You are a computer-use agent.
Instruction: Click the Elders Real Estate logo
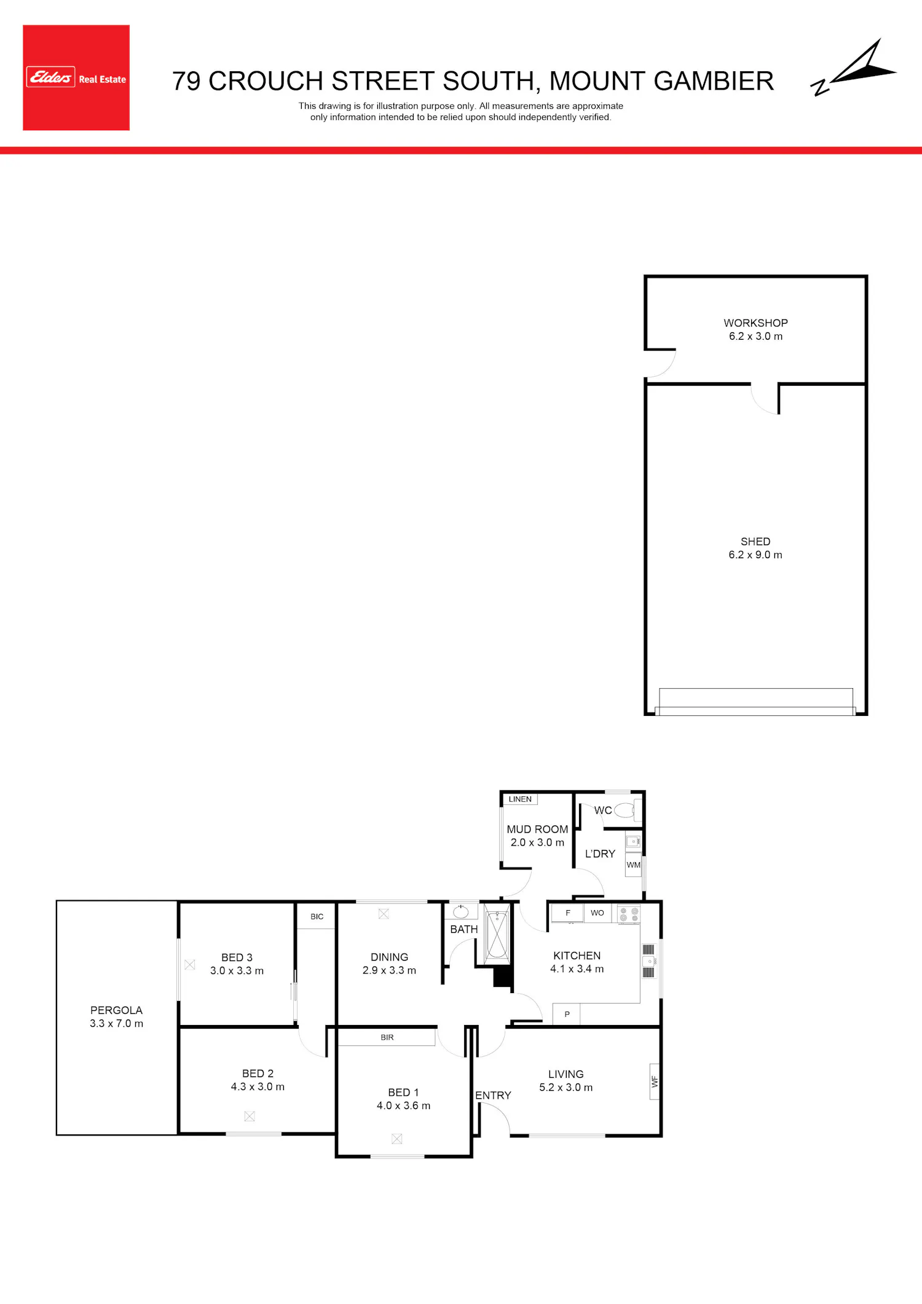pos(76,77)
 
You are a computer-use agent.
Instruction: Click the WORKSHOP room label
pos(755,323)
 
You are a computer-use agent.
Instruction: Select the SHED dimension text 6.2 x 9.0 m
pos(755,555)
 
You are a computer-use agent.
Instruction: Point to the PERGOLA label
pos(116,1010)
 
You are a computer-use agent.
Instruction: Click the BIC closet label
pos(317,916)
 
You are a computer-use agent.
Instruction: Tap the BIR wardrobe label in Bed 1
pos(387,1037)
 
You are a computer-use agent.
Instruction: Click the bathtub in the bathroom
pos(497,935)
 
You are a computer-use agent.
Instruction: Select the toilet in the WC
pos(625,810)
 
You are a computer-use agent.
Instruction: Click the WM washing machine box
pos(633,865)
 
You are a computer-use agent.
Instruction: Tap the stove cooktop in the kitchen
pos(629,914)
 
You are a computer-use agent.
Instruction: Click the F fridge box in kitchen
pos(567,913)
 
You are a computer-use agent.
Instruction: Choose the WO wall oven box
pos(597,913)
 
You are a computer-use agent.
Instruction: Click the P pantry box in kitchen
pos(567,1014)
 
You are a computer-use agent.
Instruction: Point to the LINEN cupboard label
pos(520,799)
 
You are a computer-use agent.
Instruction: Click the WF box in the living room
pos(655,1082)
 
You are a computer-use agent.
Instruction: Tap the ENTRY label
pos(493,1095)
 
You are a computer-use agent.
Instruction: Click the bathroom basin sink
pos(461,911)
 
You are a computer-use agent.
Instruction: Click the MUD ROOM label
pos(537,829)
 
